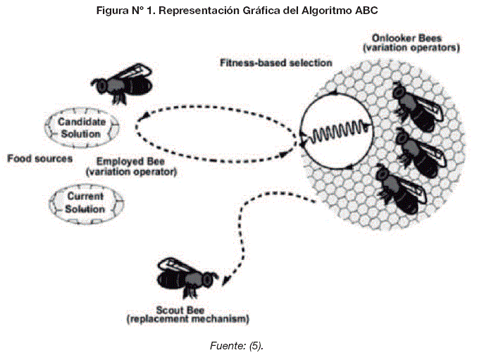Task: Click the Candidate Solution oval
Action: tap(82, 127)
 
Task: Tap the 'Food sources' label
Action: tap(40, 159)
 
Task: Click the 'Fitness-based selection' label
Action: tap(275, 63)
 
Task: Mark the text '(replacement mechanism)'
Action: tap(187, 321)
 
